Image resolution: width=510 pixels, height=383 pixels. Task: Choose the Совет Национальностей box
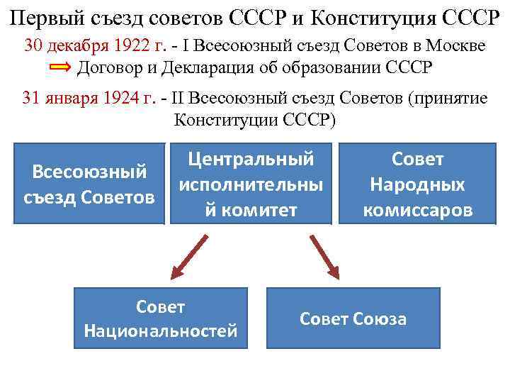pos(161,318)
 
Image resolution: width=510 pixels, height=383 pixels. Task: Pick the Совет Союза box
pos(353,318)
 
